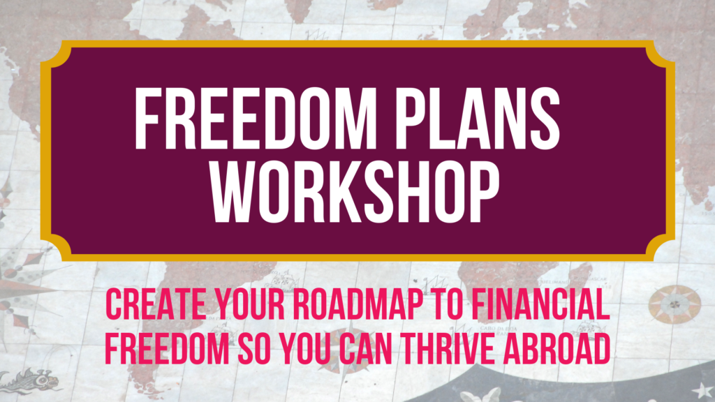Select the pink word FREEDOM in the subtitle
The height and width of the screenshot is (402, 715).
pyautogui.click(x=168, y=349)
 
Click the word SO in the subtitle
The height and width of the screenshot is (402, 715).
pyautogui.click(x=254, y=349)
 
